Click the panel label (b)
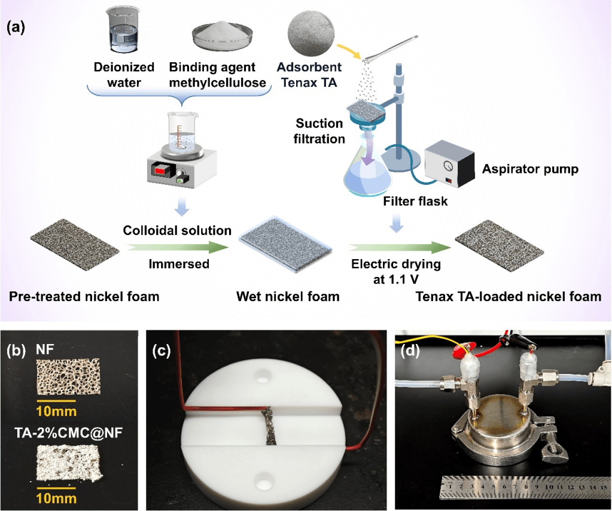pos(16,351)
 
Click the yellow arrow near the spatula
pos(349,51)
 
